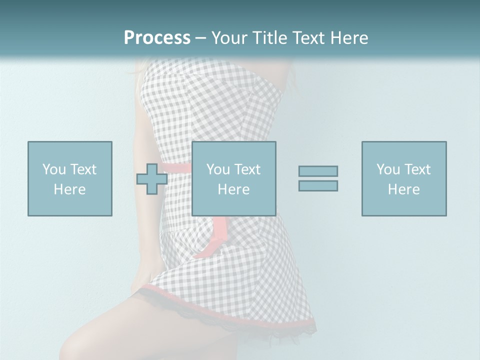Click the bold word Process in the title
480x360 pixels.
tap(157, 38)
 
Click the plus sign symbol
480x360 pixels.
tap(152, 178)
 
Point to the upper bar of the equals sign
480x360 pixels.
tap(318, 171)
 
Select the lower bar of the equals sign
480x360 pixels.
tap(318, 185)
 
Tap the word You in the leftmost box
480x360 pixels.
tap(53, 169)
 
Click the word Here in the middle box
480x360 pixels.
tap(233, 189)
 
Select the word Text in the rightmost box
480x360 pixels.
tap(417, 169)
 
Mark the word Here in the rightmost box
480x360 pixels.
tap(404, 189)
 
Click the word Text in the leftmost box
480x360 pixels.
tap(83, 169)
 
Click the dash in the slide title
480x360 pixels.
tap(200, 38)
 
